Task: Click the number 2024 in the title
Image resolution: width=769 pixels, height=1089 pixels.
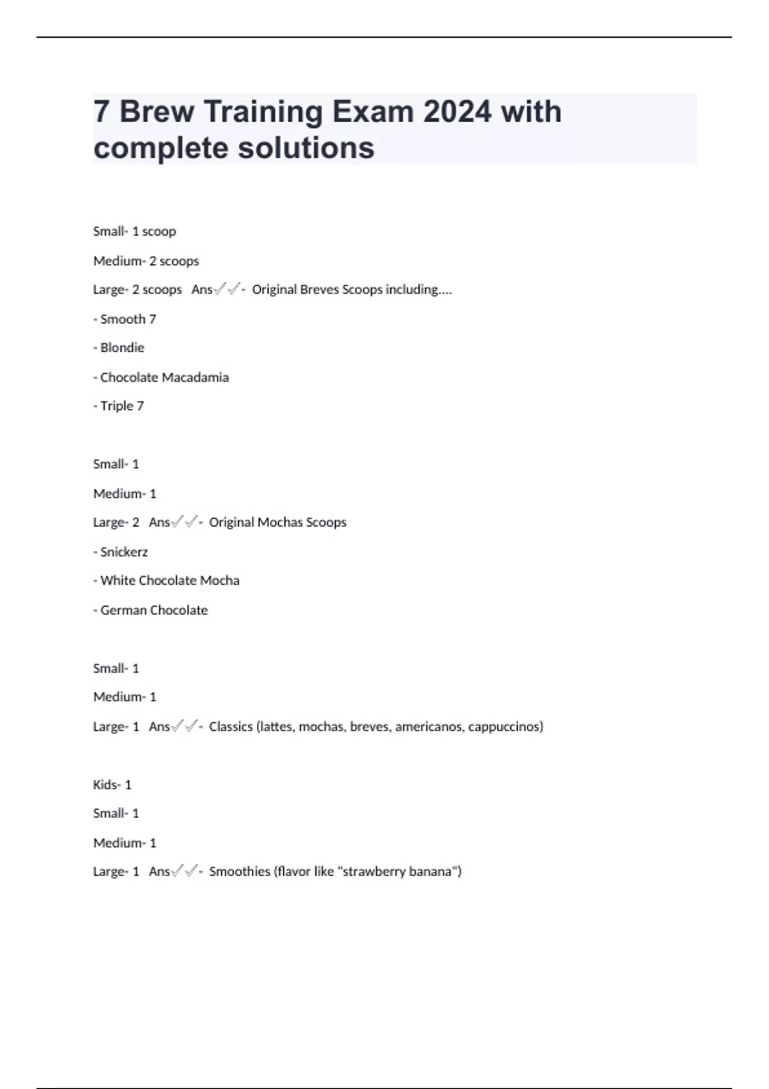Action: [458, 111]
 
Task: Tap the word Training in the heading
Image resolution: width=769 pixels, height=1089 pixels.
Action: [263, 113]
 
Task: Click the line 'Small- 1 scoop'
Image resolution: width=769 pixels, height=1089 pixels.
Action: [135, 231]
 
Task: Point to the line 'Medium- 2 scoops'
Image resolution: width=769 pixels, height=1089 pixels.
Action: [146, 261]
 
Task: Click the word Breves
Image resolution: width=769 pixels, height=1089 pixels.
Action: [319, 290]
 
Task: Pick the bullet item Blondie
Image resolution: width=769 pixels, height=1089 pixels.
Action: [122, 348]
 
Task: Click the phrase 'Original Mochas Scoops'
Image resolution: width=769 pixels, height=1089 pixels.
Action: [277, 522]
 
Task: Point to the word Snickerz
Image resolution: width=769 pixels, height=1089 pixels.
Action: [124, 552]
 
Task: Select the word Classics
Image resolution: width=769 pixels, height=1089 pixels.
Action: [231, 726]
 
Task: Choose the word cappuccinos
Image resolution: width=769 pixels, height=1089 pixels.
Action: [505, 726]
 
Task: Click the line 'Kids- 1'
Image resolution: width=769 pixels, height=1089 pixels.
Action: [112, 785]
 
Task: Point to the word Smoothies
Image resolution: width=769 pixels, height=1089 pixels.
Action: [240, 871]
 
